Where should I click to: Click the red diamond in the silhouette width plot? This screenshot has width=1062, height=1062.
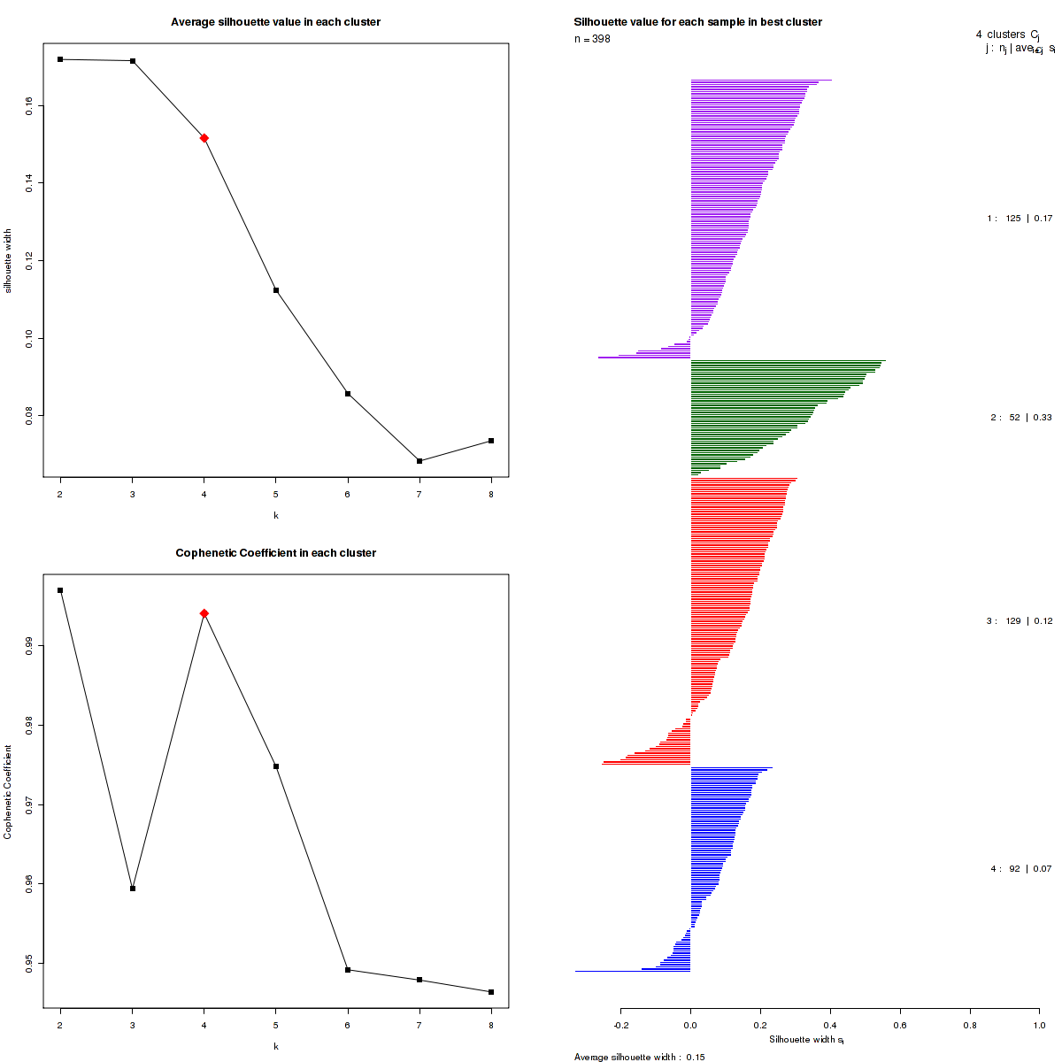pos(204,138)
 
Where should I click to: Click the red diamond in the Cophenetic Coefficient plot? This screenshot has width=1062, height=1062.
pos(204,613)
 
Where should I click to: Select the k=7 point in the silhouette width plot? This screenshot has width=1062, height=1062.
pos(419,461)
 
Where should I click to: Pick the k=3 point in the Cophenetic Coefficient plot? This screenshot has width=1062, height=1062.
pos(133,889)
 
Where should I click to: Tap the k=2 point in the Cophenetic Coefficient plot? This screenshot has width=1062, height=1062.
pos(60,590)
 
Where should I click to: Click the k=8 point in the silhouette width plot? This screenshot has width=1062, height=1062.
pos(491,441)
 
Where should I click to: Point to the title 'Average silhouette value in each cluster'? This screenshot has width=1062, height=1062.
pos(275,22)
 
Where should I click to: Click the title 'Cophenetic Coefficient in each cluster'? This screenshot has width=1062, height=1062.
pos(275,553)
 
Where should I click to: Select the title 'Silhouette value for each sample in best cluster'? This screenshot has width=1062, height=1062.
pos(697,22)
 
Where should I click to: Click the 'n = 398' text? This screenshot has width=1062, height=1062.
pos(592,39)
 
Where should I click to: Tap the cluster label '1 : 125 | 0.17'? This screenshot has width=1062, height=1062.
pos(1020,219)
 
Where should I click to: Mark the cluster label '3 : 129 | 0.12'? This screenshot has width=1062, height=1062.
pos(1020,621)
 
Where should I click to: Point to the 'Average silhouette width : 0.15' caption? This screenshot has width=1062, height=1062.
pos(639,1057)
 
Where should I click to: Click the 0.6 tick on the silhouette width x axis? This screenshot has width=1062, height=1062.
pos(900,1025)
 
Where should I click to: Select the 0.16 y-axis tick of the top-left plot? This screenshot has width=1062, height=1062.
pos(30,105)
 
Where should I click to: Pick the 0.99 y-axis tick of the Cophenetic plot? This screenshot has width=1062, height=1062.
pos(30,646)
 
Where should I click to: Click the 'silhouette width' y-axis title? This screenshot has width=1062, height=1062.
pos(8,258)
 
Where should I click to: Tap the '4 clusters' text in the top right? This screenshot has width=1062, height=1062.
pos(1000,35)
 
